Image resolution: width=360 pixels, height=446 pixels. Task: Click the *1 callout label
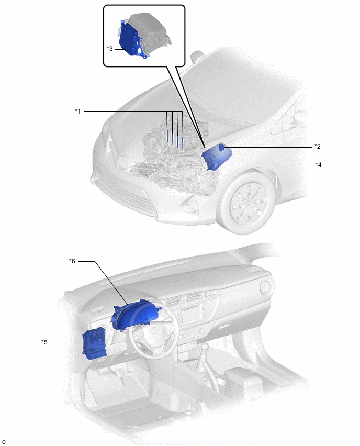(x=77, y=111)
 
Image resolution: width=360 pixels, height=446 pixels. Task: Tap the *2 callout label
(x=318, y=146)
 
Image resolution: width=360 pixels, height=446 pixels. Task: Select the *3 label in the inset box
(x=110, y=48)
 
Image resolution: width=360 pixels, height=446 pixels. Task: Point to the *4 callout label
(x=318, y=164)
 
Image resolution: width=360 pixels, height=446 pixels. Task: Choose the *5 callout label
(x=44, y=342)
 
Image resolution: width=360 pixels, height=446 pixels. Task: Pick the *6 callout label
(x=72, y=261)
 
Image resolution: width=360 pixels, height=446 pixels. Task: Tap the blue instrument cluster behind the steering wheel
(x=136, y=316)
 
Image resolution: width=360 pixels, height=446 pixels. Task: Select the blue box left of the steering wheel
(x=94, y=344)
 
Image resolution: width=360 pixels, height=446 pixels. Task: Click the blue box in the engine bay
(x=217, y=157)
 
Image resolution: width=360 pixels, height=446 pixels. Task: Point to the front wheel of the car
(x=248, y=202)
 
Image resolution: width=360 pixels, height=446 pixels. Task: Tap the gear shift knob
(x=205, y=347)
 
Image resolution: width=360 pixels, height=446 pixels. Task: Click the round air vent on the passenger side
(x=266, y=287)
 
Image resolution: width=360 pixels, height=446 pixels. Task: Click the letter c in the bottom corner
(x=4, y=442)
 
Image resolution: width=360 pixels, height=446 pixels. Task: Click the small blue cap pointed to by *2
(x=221, y=147)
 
